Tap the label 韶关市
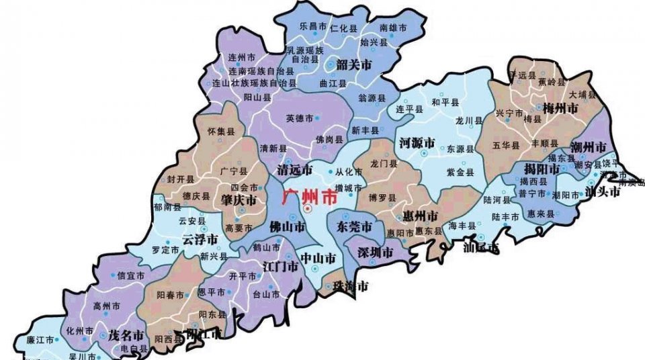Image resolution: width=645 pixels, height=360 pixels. [354, 65]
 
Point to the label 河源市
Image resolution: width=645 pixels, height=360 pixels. [417, 143]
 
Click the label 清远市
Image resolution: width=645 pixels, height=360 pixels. [295, 171]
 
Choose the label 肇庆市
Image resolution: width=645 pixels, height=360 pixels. [238, 201]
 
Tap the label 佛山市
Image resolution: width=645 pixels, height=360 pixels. [287, 226]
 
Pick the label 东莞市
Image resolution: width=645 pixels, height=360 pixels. [355, 226]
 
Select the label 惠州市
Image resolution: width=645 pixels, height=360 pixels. [420, 216]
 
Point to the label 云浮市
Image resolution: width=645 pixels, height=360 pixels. [200, 240]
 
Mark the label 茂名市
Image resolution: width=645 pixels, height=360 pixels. [127, 334]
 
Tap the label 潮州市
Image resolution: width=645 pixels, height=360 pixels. [588, 147]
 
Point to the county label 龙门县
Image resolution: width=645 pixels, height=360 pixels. [384, 163]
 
